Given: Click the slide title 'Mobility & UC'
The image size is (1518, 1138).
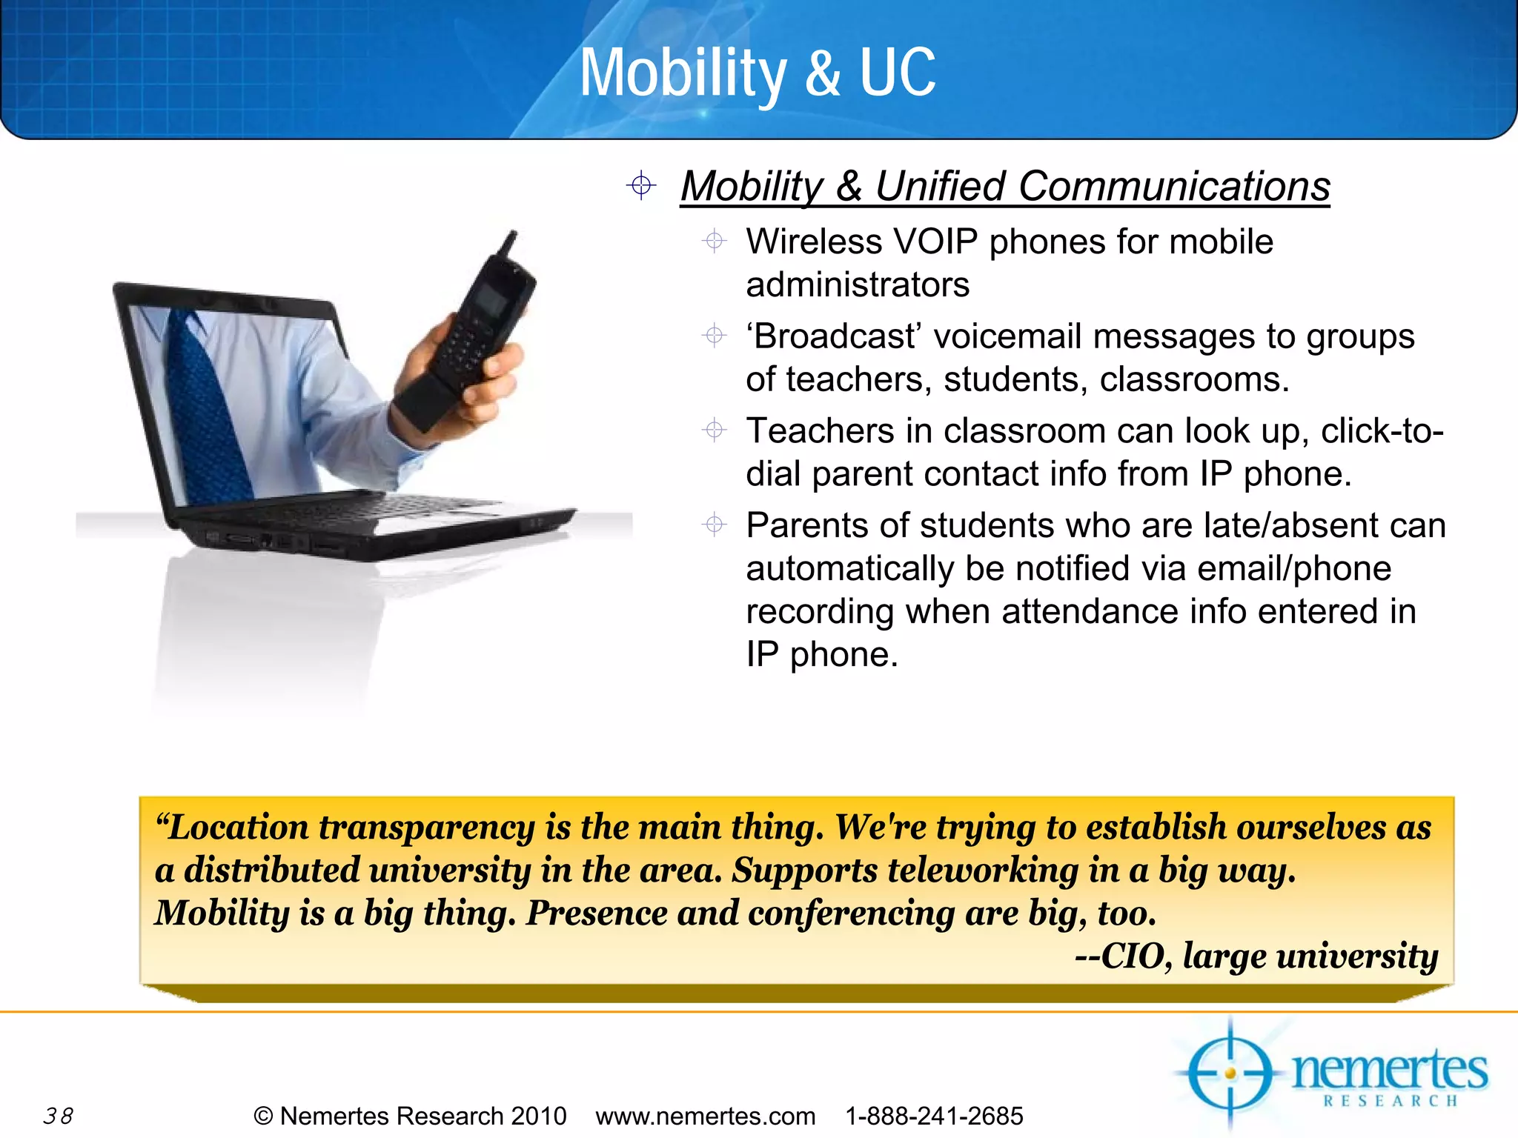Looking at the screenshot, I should pos(758,73).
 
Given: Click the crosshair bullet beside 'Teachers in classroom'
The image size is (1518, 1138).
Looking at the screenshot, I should pos(715,430).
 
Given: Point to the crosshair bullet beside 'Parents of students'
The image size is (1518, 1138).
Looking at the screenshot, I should pos(715,525).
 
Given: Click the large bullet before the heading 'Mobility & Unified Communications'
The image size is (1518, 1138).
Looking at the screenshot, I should pos(641,185).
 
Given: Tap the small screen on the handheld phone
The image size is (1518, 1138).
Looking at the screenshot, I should pos(491,300).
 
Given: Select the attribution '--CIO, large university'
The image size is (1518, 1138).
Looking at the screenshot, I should pos(1256,956).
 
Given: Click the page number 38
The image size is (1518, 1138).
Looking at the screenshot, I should pos(58,1116).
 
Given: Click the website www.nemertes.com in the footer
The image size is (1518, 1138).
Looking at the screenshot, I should pos(705,1116).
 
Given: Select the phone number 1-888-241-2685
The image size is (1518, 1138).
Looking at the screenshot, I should pos(934,1116).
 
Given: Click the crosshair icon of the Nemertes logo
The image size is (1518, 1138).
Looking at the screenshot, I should pos(1230,1073).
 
